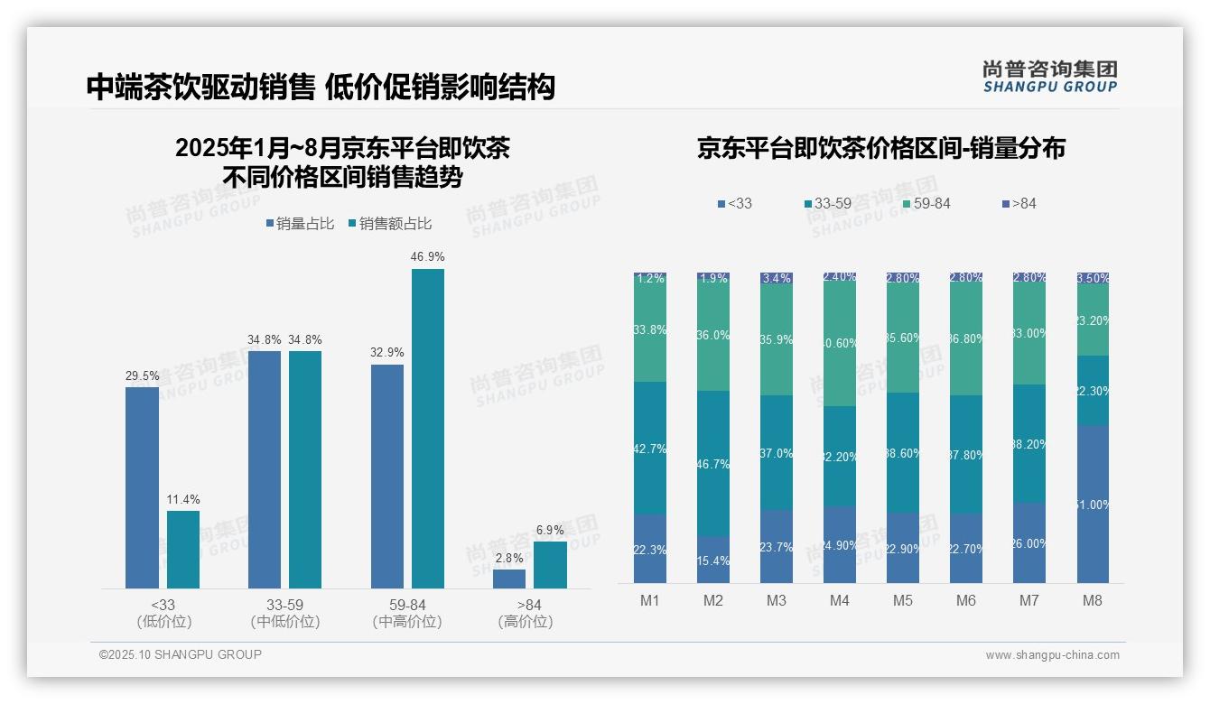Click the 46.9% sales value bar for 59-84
click(x=428, y=429)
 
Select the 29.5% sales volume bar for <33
click(x=142, y=487)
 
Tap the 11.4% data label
click(x=183, y=499)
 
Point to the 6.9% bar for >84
click(x=550, y=565)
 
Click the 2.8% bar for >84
click(x=509, y=579)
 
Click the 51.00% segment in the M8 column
click(x=1092, y=504)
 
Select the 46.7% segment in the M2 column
click(x=712, y=463)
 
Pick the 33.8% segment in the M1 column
click(x=650, y=330)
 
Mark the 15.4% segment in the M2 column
click(x=712, y=560)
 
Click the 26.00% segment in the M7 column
click(x=1028, y=542)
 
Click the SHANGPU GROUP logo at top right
click(x=1050, y=77)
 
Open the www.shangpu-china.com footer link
click(x=1052, y=655)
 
